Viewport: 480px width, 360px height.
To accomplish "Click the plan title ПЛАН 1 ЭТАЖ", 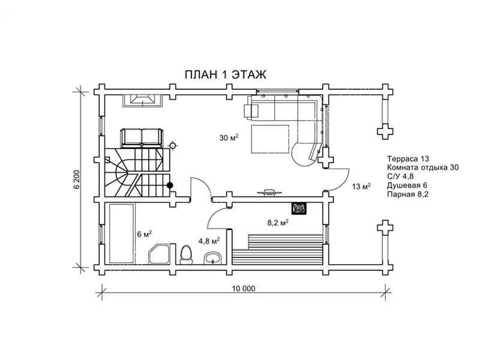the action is (226, 74).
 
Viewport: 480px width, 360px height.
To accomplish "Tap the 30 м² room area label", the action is (229, 137).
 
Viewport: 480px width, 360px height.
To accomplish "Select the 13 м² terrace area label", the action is (362, 186).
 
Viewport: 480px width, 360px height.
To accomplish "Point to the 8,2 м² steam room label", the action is (278, 223).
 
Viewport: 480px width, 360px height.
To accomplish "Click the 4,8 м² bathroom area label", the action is (209, 241).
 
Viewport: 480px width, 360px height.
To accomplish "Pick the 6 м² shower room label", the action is (145, 234).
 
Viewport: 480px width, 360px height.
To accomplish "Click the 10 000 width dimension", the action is (244, 289).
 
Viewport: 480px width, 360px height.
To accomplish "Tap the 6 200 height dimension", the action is (77, 179).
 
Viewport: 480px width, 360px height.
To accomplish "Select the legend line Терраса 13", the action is (408, 159).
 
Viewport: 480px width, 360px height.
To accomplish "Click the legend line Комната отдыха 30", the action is (423, 168).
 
